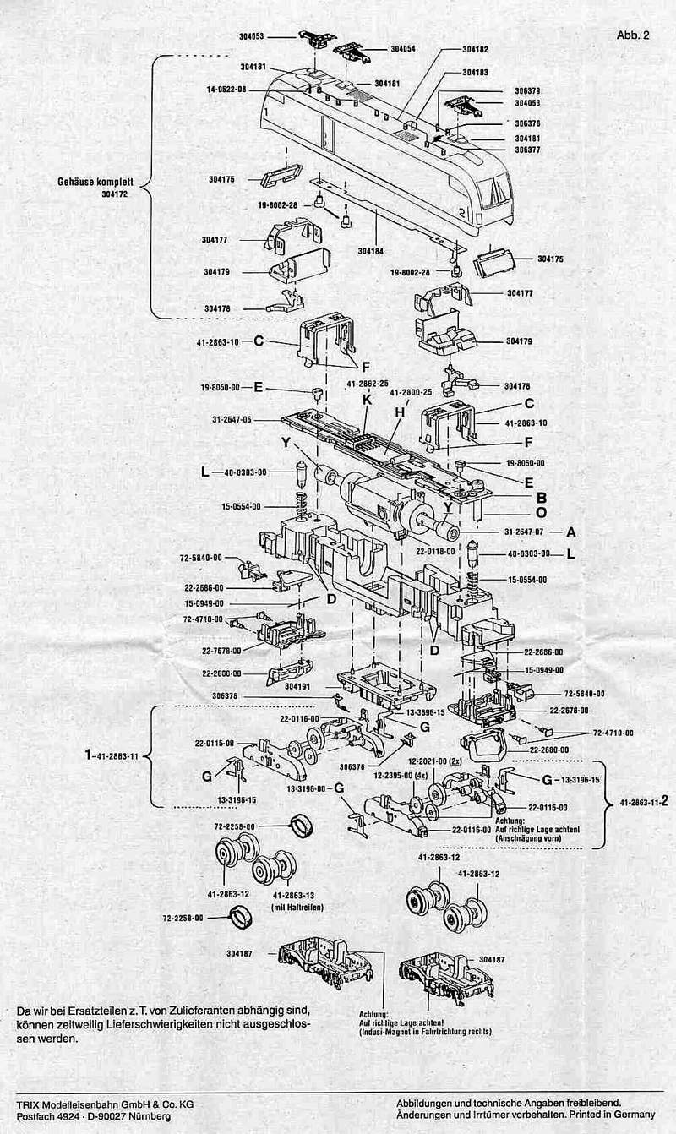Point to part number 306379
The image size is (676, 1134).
click(527, 90)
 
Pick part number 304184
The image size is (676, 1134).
click(371, 251)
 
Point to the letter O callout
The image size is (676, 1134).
click(542, 512)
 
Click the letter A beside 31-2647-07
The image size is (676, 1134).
click(571, 532)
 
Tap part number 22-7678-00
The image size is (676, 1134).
click(221, 651)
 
